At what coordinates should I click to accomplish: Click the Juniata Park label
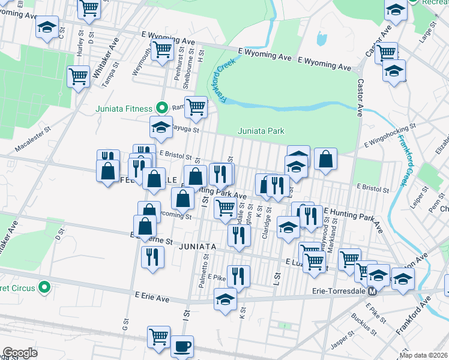tap(261, 131)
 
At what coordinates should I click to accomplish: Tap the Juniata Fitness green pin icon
tap(161, 108)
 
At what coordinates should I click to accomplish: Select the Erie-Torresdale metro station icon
tap(372, 292)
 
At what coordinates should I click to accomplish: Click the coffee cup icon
tap(182, 346)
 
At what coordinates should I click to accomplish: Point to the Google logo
tap(20, 353)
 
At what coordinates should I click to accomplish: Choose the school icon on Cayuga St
tap(160, 127)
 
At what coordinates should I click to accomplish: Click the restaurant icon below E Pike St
tap(238, 277)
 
